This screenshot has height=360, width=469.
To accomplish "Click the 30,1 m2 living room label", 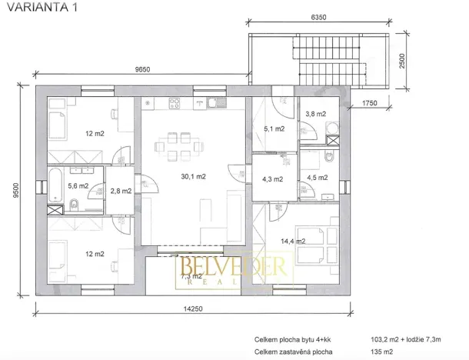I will [194, 176].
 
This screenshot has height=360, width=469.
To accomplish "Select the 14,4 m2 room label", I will [292, 241].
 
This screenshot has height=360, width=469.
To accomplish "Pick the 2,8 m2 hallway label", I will [120, 191].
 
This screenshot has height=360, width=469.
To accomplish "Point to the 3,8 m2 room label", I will [315, 114].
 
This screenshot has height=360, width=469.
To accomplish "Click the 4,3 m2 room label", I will [273, 178].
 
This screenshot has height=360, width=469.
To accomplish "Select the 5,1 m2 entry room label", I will [274, 128].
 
